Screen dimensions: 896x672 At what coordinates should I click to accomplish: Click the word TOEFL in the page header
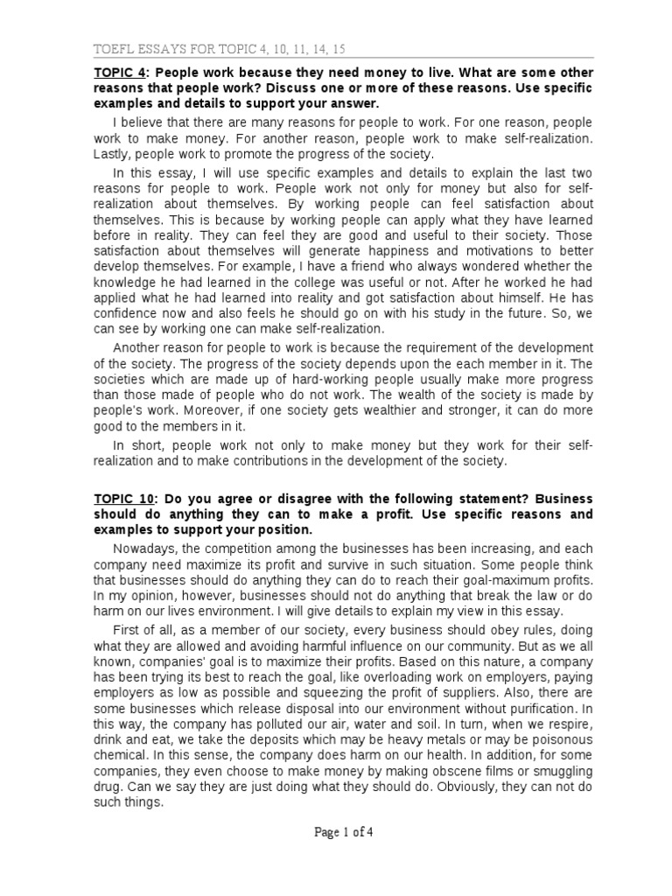pyautogui.click(x=115, y=49)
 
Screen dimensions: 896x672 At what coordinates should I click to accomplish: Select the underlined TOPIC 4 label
pyautogui.click(x=121, y=74)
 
